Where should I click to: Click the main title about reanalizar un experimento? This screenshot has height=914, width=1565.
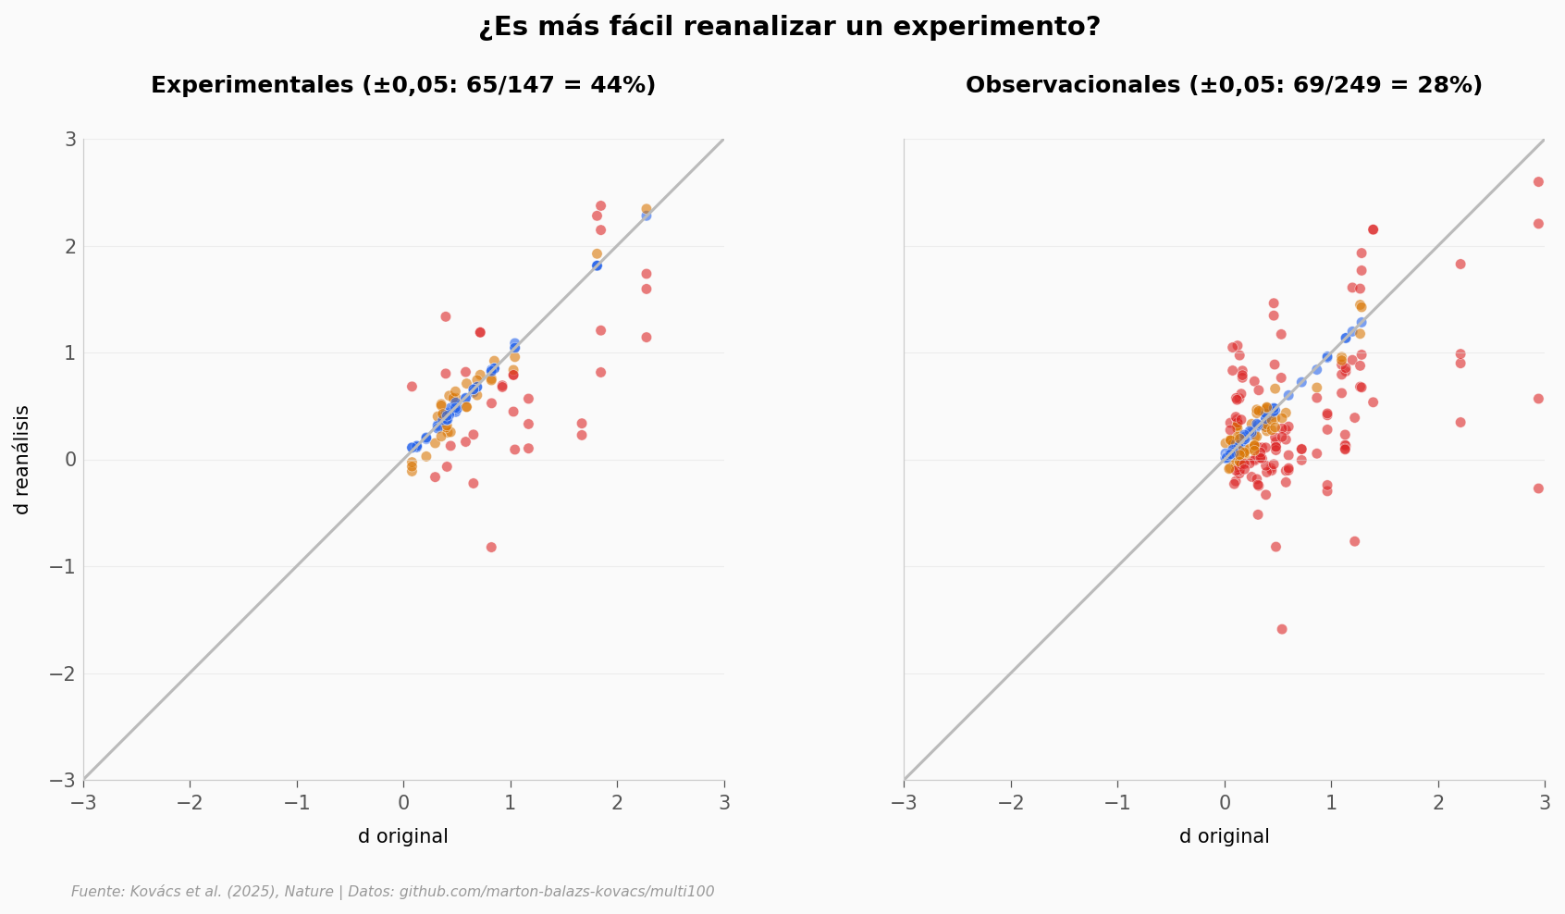click(789, 27)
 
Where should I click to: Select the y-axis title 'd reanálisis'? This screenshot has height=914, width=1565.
click(22, 460)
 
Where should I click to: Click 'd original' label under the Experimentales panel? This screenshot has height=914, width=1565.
click(403, 836)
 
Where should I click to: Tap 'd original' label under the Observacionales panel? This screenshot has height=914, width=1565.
click(1224, 836)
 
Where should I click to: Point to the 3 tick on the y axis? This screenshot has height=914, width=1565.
click(69, 140)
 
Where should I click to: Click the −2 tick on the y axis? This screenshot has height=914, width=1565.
click(65, 674)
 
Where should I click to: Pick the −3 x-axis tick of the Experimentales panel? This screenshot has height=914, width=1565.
click(83, 802)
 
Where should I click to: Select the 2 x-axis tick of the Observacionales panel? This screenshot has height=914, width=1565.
click(1438, 802)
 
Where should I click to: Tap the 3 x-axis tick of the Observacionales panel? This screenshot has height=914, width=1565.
click(1545, 802)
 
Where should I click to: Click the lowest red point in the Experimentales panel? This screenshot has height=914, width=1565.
click(491, 548)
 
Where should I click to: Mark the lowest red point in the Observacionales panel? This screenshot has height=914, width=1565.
click(1282, 629)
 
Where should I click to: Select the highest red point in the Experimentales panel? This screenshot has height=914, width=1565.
click(600, 206)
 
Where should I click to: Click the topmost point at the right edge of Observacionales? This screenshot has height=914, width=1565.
click(1538, 182)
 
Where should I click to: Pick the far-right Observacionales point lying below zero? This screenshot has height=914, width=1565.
click(1538, 488)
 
